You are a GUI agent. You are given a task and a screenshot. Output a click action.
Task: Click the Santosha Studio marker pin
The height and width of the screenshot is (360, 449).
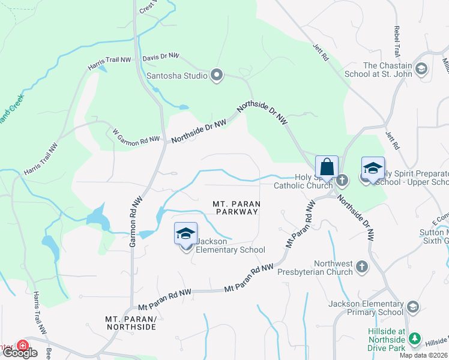[x=217, y=76]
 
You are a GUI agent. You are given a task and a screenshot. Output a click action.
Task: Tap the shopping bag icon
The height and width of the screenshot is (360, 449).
[x=327, y=167]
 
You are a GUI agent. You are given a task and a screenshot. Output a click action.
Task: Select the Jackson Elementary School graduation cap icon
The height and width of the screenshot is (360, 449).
[x=185, y=233]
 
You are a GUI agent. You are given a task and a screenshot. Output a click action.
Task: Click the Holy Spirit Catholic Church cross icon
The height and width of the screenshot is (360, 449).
[x=342, y=179]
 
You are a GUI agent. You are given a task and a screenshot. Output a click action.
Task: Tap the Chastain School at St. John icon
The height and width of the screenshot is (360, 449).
[x=421, y=69]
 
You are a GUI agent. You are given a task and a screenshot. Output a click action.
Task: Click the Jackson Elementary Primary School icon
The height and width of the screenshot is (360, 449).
[x=412, y=307]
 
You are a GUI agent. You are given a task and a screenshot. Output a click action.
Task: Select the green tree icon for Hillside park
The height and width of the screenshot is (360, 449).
[x=414, y=340]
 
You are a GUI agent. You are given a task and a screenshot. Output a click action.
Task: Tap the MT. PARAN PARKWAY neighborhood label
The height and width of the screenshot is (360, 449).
[x=236, y=208]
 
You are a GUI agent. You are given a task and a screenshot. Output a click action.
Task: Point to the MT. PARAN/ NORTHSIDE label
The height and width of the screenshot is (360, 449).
[x=130, y=323]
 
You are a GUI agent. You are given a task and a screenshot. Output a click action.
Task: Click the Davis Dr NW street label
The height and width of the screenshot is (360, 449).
[x=161, y=56]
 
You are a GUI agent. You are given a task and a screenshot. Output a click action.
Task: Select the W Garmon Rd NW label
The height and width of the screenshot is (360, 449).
[x=136, y=136]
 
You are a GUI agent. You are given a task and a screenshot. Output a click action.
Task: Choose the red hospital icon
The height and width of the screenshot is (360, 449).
[x=22, y=346]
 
